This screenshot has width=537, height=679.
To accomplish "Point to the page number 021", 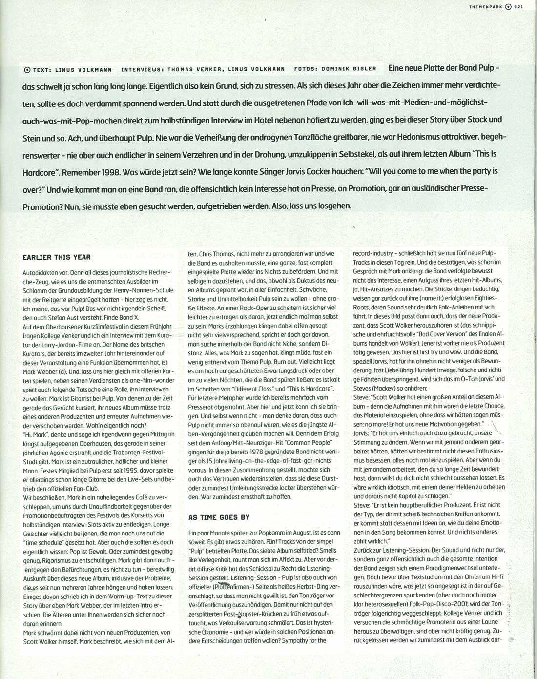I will coord(518,6).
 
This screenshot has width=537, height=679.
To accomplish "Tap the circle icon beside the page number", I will coord(508,6).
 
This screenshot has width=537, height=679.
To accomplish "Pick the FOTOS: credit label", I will coord(306,69).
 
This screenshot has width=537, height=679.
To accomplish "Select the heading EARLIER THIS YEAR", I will coord(57,257).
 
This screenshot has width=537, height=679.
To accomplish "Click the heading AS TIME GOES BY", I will coord(219,517).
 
